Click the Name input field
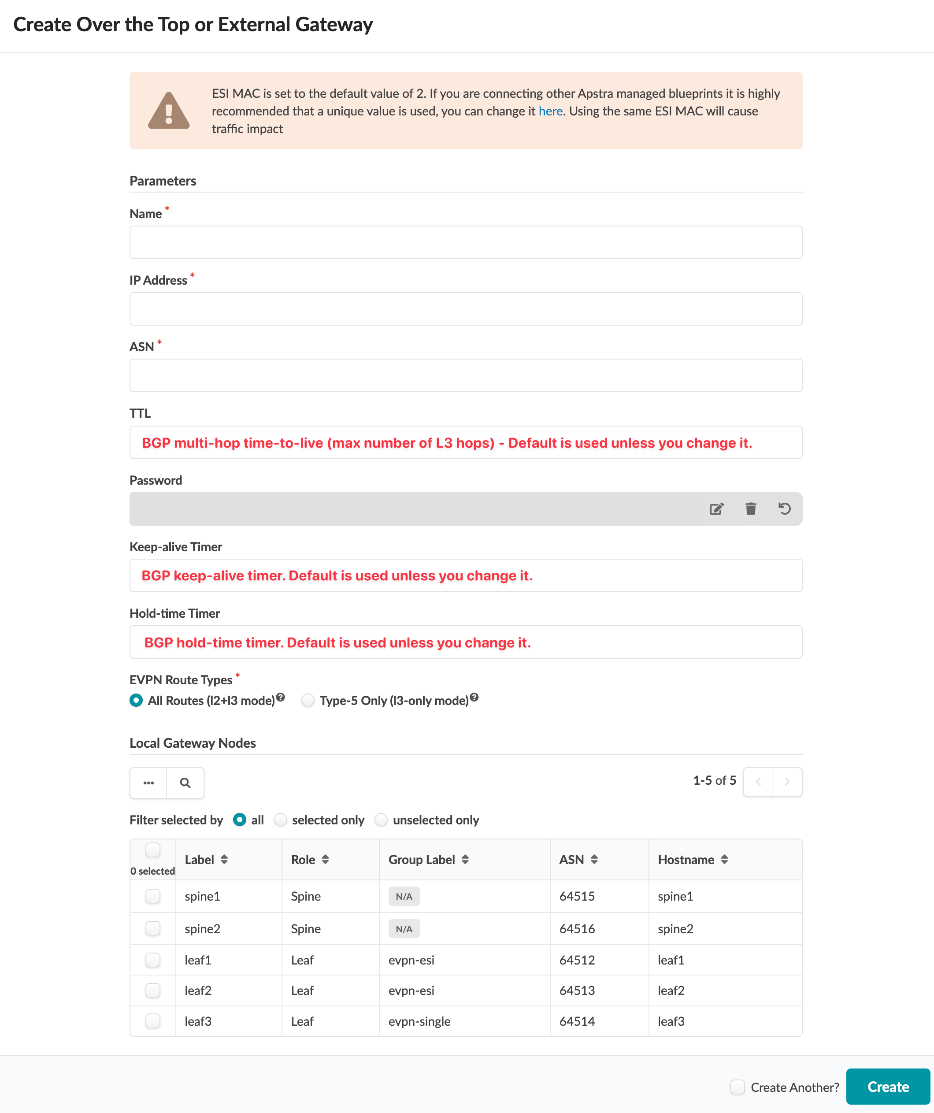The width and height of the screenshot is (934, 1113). coord(465,242)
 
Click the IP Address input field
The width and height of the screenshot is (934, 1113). coord(465,309)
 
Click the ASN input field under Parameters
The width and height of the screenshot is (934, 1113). coord(465,375)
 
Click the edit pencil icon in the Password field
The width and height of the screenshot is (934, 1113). coord(716,509)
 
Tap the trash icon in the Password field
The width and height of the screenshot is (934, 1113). coord(751,509)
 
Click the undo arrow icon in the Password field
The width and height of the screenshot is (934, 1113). coord(785,509)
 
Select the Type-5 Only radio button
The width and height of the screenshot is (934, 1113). coord(308,701)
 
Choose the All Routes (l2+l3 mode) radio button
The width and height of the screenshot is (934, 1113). coord(136,701)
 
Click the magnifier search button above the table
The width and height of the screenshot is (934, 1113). coord(185,783)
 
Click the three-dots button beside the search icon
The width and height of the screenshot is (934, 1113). coord(148,783)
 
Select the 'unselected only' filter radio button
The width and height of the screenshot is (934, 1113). coord(381,820)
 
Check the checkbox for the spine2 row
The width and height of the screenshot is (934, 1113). coord(153,928)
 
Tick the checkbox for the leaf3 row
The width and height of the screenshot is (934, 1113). coord(153,1021)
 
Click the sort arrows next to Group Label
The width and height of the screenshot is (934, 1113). coord(465,860)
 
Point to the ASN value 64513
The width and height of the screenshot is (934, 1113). coord(577,991)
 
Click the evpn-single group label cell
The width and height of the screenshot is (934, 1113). coord(419,1021)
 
